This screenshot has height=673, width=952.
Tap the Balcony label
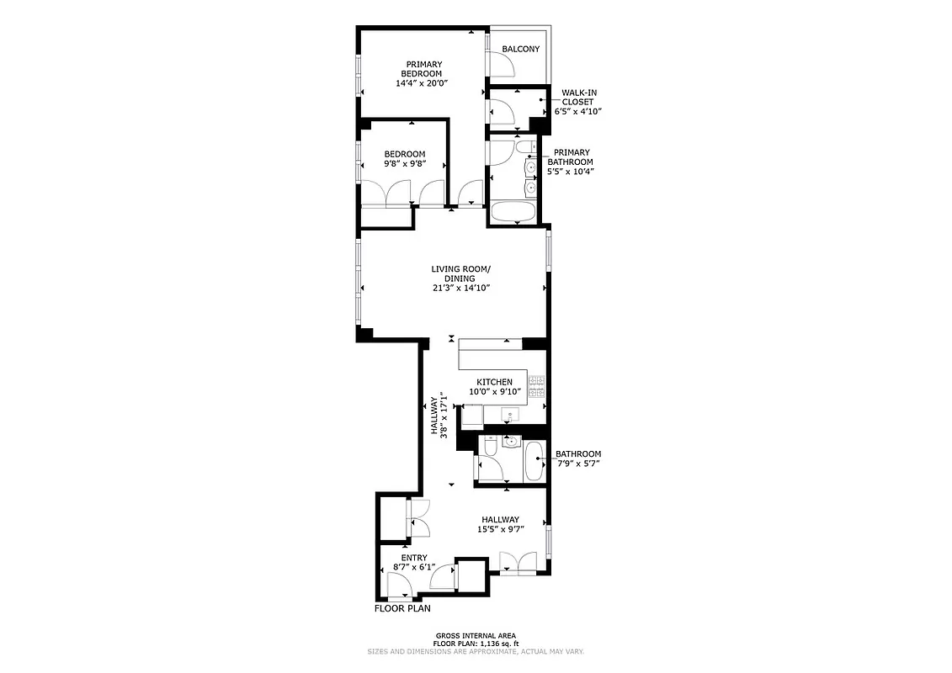coord(520,49)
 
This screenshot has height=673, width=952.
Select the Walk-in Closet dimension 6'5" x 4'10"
coord(577,111)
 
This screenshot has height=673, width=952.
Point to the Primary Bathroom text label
coord(572,157)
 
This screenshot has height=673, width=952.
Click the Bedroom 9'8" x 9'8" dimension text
coord(404,163)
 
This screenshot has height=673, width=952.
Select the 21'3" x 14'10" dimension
coord(460,288)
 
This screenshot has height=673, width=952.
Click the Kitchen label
coord(494,382)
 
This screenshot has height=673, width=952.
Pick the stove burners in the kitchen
coord(536,387)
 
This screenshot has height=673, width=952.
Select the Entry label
coord(413,558)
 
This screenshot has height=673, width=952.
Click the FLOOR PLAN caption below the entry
coord(402,608)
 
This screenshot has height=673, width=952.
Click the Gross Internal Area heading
coord(475,635)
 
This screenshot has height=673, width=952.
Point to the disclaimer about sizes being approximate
coord(475,651)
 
